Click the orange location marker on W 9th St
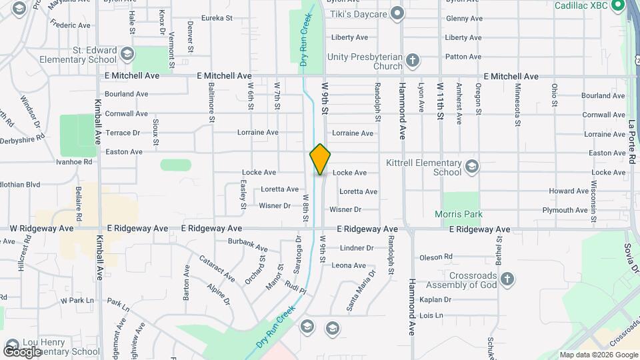[x=320, y=159]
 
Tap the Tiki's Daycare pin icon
[x=398, y=13]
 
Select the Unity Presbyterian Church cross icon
[x=413, y=61]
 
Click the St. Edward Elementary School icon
[x=127, y=54]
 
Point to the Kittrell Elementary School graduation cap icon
[x=472, y=166]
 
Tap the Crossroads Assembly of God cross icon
[x=507, y=279]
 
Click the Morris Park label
[x=459, y=215]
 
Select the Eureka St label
[x=221, y=18]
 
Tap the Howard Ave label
[x=568, y=191]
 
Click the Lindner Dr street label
[x=357, y=248]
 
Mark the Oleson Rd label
[x=436, y=257]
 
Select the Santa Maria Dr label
[x=357, y=295]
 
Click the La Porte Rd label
[x=632, y=141]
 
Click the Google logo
[x=23, y=352]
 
